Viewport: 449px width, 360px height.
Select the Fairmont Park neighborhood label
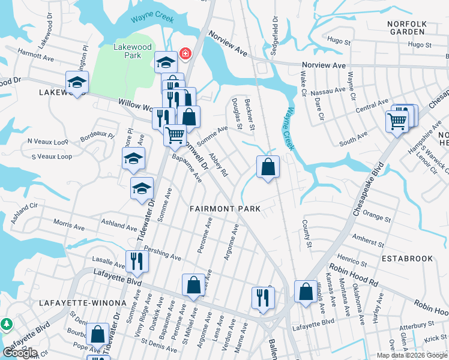point(225,209)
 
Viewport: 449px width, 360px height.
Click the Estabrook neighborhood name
point(406,259)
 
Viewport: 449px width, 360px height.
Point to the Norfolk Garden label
point(406,28)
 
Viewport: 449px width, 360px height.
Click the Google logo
point(20,352)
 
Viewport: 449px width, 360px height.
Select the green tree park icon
point(7,324)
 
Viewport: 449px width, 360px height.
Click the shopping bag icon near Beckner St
point(268,167)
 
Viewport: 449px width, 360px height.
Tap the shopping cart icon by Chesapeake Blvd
point(397,122)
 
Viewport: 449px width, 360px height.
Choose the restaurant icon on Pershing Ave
point(137,262)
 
